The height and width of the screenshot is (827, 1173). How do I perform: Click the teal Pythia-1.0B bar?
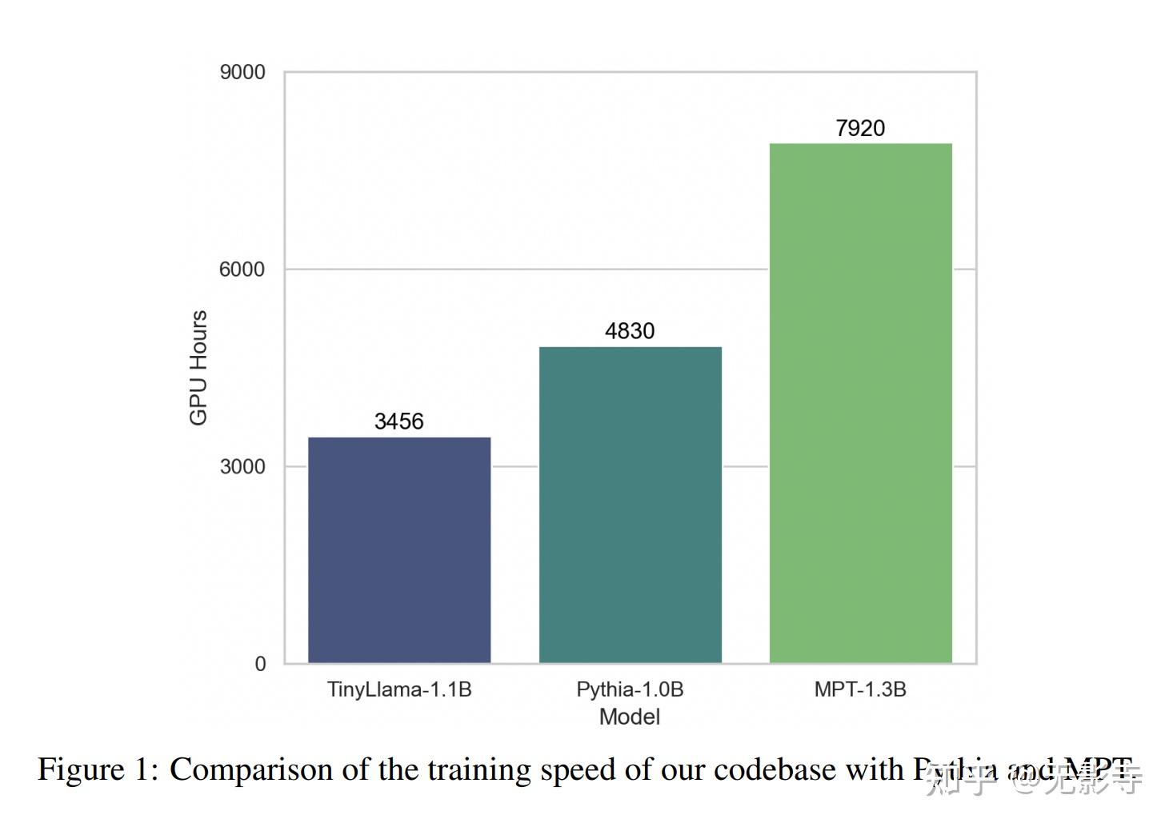coord(631,505)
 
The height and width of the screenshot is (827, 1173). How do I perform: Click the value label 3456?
coord(399,421)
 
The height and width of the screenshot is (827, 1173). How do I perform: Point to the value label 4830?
coord(630,331)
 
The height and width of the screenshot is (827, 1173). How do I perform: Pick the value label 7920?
coord(860,128)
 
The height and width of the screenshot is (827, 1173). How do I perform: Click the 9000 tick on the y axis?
coord(242,72)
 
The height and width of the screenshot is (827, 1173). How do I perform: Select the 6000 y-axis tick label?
coord(242,270)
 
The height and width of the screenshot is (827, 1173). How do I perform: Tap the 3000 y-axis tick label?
coord(242,466)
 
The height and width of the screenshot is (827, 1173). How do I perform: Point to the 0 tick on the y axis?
coord(260,664)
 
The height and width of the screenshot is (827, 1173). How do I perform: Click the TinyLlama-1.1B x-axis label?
coord(399,689)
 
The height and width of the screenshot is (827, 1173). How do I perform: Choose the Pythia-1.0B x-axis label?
coord(630,689)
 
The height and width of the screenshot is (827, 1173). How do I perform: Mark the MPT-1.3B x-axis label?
coord(860,689)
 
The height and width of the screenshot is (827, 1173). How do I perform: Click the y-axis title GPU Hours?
coord(198,368)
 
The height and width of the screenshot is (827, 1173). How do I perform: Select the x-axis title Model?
coord(630,717)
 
